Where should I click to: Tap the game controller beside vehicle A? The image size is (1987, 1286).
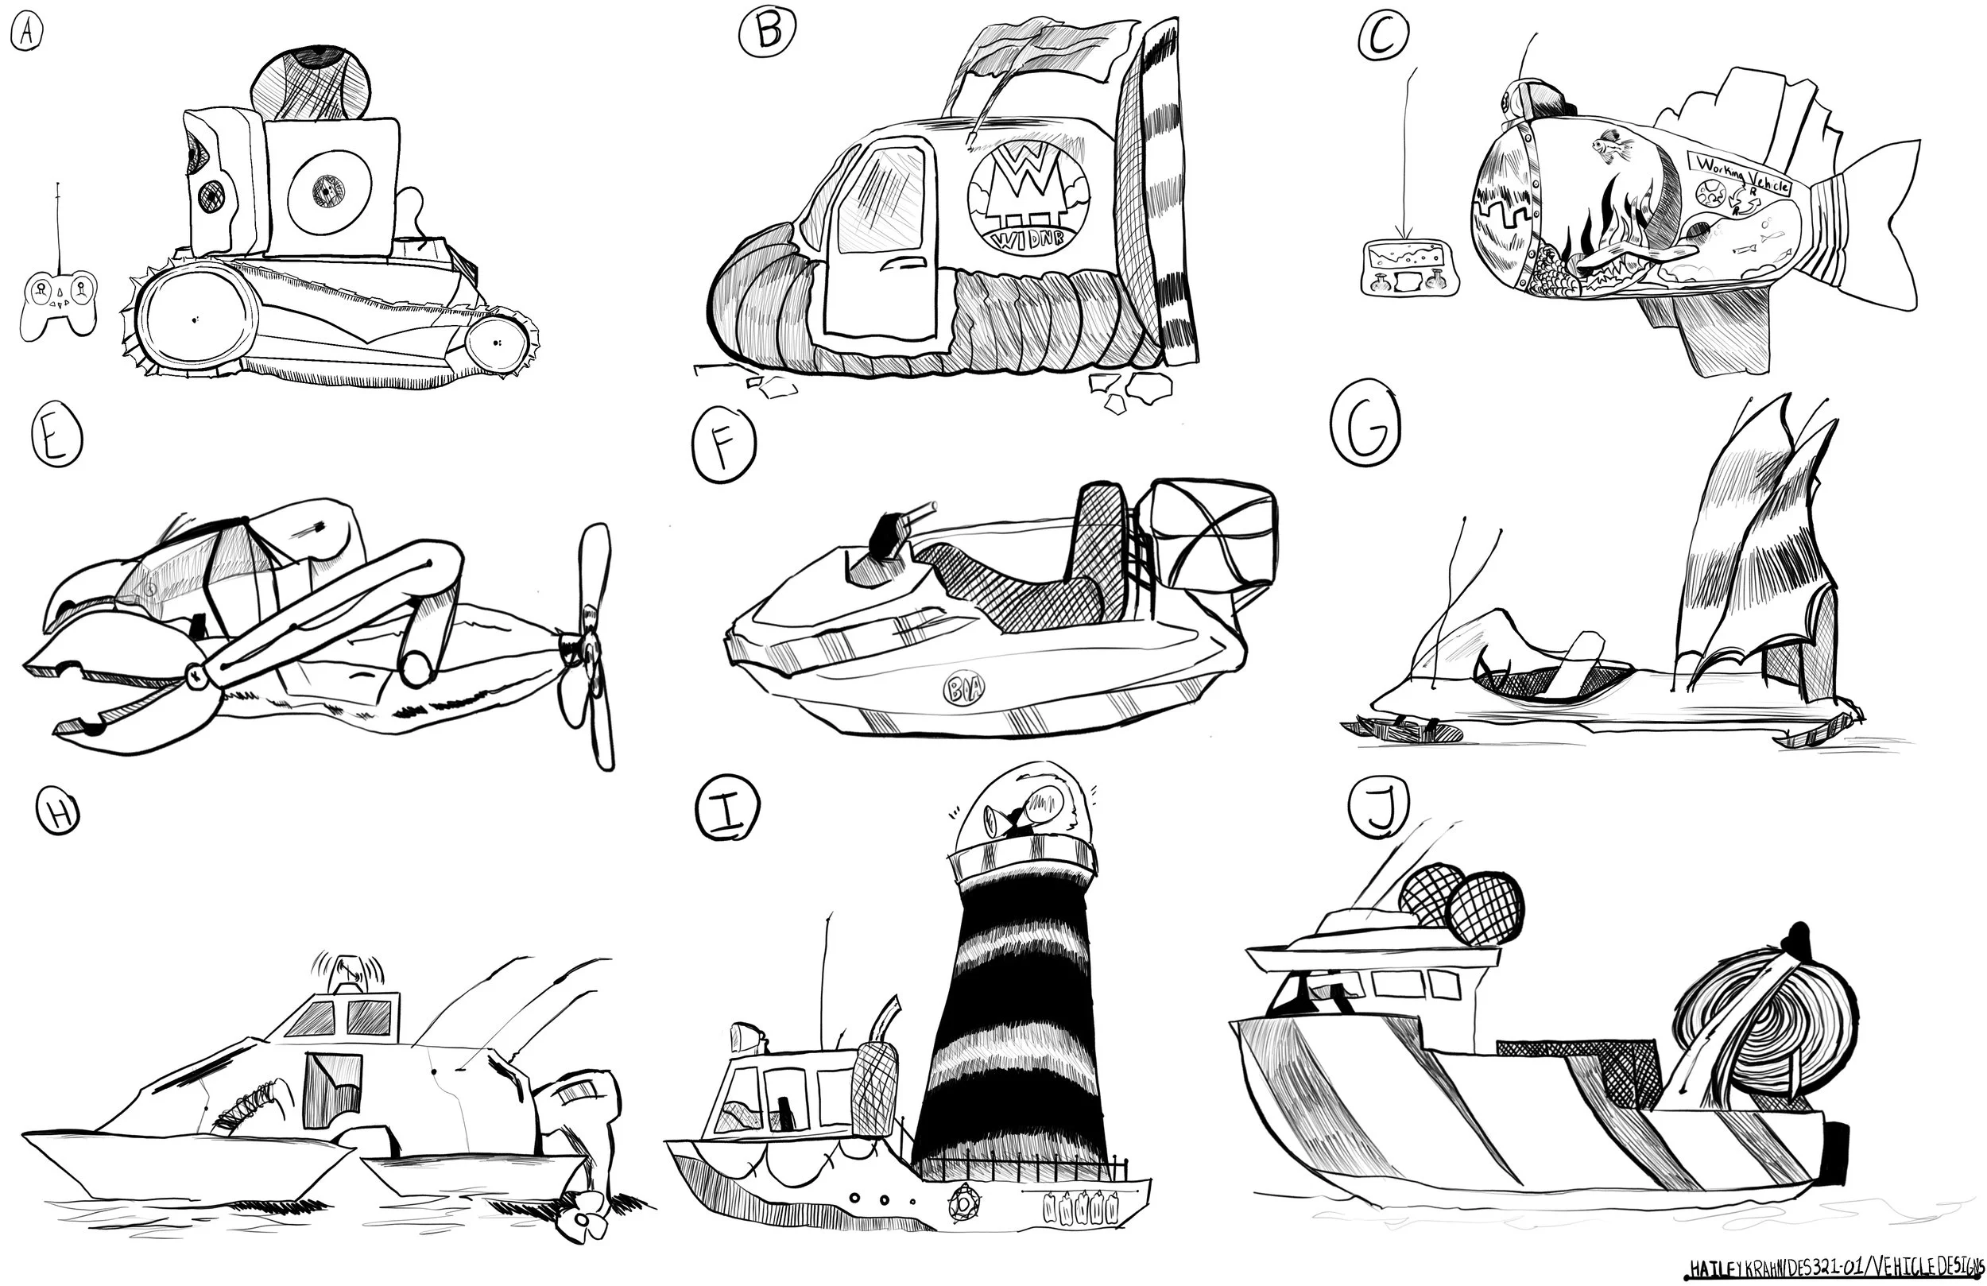(59, 302)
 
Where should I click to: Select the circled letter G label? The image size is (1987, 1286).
(1365, 429)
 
